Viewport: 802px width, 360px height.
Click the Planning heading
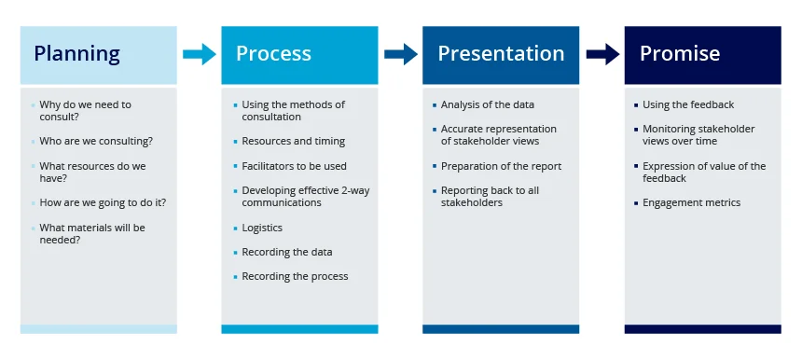[x=76, y=54]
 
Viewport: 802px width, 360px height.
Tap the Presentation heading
[x=501, y=54]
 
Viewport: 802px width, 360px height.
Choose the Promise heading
[x=679, y=54]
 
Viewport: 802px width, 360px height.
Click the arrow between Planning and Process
[x=199, y=54]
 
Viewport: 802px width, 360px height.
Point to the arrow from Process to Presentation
[x=400, y=54]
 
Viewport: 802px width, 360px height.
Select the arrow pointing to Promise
[x=601, y=54]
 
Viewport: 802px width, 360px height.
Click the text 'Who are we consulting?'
[x=96, y=141]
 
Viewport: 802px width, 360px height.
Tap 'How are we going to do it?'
[x=103, y=202]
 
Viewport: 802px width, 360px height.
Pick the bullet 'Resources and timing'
[x=293, y=141]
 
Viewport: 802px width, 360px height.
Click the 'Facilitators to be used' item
[x=294, y=166]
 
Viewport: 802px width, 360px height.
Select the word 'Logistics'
[x=262, y=228]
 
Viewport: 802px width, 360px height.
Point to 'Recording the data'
[x=286, y=252]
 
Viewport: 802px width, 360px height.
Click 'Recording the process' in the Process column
[x=295, y=276]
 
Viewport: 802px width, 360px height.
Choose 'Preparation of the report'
[x=501, y=166]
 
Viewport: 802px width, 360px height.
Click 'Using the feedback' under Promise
[x=688, y=104]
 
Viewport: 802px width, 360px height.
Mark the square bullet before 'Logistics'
[x=235, y=228]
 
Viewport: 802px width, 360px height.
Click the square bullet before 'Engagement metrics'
[x=636, y=202]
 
